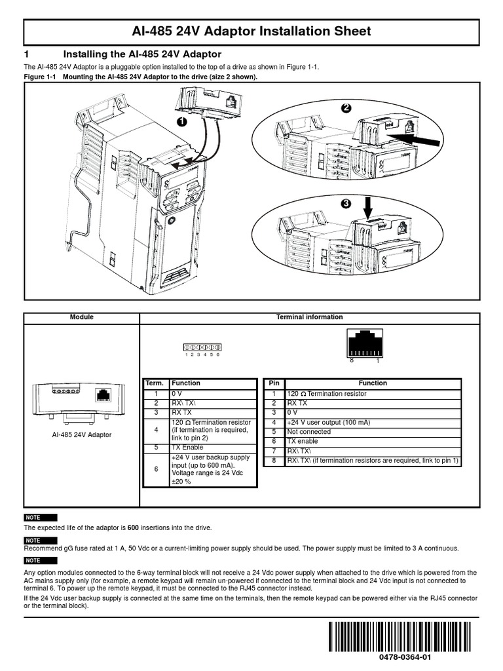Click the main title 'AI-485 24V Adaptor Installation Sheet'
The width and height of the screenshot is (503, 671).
tap(251, 31)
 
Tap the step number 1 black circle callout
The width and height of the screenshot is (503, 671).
tap(181, 122)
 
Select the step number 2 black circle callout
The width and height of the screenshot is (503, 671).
tap(346, 108)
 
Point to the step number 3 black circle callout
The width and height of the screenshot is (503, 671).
tap(346, 204)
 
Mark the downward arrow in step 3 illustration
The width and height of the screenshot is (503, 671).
tap(367, 207)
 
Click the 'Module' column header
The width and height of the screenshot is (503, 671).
tap(82, 317)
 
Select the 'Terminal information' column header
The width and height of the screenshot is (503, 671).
tap(309, 317)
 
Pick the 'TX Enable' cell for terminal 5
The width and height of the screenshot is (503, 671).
tap(187, 447)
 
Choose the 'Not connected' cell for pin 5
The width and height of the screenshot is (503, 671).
tap(309, 432)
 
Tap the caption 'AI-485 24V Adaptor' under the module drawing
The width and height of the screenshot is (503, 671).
tap(82, 434)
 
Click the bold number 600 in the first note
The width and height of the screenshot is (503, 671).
tap(134, 527)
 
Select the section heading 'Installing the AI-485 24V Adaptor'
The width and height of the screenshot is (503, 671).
tap(141, 54)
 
